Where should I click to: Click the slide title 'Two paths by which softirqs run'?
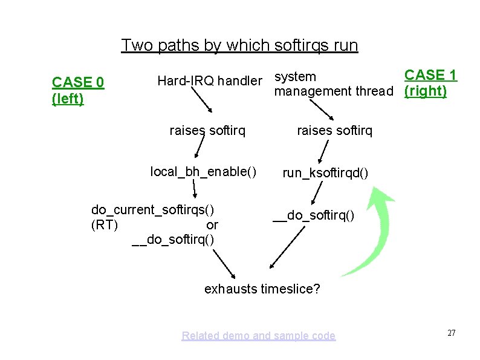pyautogui.click(x=239, y=45)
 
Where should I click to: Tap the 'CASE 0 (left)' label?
pyautogui.click(x=78, y=90)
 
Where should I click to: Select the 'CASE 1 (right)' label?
pyautogui.click(x=430, y=83)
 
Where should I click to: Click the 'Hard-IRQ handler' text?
pyautogui.click(x=210, y=80)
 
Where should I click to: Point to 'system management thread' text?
pyautogui.click(x=333, y=84)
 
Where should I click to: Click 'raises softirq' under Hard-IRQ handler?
pyautogui.click(x=207, y=130)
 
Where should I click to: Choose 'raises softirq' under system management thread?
pyautogui.click(x=334, y=130)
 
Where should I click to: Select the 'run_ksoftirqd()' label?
pyautogui.click(x=325, y=173)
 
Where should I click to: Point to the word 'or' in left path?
pyautogui.click(x=212, y=225)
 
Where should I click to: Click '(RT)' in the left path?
pyautogui.click(x=104, y=225)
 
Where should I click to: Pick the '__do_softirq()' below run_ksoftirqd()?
pyautogui.click(x=313, y=215)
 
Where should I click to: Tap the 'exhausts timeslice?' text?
pyautogui.click(x=262, y=289)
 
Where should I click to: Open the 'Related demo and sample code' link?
pyautogui.click(x=258, y=336)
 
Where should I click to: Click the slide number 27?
pyautogui.click(x=450, y=333)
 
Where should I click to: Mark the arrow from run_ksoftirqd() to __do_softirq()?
pyautogui.click(x=318, y=194)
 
